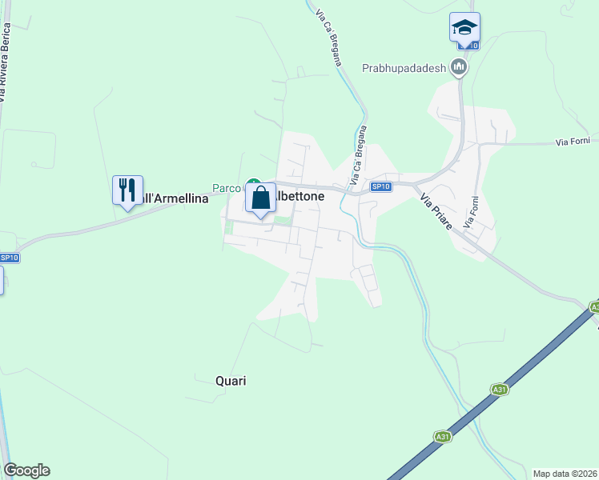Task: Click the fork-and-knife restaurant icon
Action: click(x=127, y=190)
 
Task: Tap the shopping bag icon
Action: click(x=261, y=198)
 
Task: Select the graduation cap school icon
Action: click(x=464, y=27)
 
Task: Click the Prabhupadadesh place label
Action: click(x=403, y=68)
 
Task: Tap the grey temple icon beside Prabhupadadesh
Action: click(x=459, y=68)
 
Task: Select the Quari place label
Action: click(x=231, y=381)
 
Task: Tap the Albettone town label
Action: click(x=300, y=195)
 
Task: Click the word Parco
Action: click(x=226, y=189)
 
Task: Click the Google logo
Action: click(x=26, y=470)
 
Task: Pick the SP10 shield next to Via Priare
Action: click(x=381, y=187)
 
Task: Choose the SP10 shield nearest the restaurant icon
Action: click(x=9, y=258)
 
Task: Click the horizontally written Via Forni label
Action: click(x=573, y=142)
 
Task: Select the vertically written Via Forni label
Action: click(x=474, y=210)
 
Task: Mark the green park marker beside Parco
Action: click(x=252, y=183)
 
